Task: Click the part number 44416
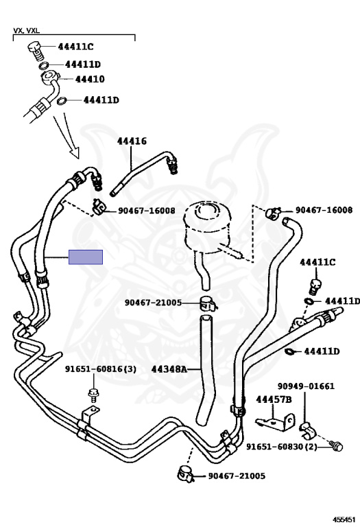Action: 132,141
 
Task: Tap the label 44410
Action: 90,80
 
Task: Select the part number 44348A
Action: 169,369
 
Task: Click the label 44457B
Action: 274,399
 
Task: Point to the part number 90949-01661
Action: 306,386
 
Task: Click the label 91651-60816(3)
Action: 101,369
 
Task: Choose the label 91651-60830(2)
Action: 282,447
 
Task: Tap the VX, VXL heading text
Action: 26,31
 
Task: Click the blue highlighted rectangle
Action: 86,257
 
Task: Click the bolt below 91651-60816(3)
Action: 93,395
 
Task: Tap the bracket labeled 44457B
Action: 276,423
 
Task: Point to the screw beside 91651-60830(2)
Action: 336,445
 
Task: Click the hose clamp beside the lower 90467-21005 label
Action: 186,474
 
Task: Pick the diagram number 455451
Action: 344,519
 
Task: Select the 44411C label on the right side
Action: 317,262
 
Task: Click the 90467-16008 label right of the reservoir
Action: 324,211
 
